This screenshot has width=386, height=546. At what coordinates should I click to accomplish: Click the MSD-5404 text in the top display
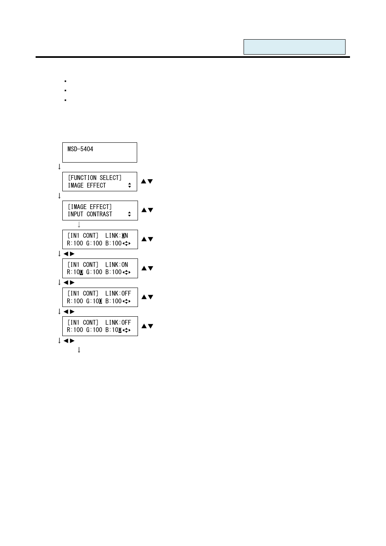(x=81, y=149)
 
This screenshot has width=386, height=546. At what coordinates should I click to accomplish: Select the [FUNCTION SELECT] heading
(x=95, y=178)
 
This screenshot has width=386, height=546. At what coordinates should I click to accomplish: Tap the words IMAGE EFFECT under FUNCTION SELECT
(x=87, y=186)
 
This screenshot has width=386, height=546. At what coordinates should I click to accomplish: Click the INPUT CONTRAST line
(x=90, y=214)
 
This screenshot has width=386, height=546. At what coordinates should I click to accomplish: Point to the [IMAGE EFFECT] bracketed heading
(x=90, y=207)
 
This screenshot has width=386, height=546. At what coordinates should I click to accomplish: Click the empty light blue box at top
(x=294, y=47)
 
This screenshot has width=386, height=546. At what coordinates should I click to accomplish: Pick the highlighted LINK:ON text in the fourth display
(x=117, y=236)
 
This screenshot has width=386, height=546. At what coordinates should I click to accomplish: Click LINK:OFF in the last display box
(x=118, y=323)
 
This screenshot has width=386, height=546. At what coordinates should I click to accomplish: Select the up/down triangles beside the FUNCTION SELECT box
(x=147, y=182)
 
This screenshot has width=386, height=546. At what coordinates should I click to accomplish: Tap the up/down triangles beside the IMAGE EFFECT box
(x=147, y=210)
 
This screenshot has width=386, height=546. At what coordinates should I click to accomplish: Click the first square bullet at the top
(x=65, y=81)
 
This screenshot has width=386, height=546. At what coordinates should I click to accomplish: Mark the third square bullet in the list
(x=65, y=100)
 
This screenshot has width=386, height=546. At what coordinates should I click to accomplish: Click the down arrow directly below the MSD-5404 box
(x=59, y=167)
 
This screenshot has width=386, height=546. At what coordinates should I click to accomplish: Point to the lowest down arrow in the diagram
(x=79, y=350)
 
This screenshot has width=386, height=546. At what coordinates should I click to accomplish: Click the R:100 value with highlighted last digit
(x=75, y=272)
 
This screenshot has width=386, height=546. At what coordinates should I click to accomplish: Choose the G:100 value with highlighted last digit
(x=94, y=301)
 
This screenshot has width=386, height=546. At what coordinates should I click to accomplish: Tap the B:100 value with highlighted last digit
(x=114, y=330)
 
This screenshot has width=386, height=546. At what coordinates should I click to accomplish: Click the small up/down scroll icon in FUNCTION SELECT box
(x=129, y=186)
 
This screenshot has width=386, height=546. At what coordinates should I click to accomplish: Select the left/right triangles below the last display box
(x=69, y=341)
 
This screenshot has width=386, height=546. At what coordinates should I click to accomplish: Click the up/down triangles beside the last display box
(x=147, y=326)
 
